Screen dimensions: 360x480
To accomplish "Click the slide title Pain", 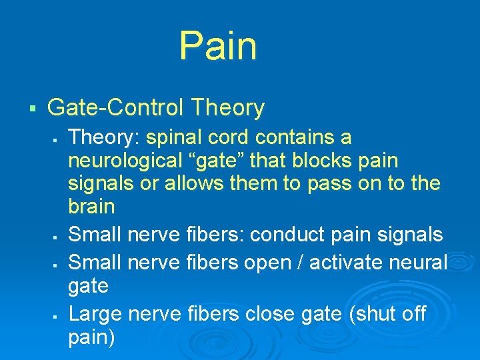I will point(217,45).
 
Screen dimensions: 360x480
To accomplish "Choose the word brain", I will point(91,206).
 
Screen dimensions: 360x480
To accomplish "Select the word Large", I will point(96,313).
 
